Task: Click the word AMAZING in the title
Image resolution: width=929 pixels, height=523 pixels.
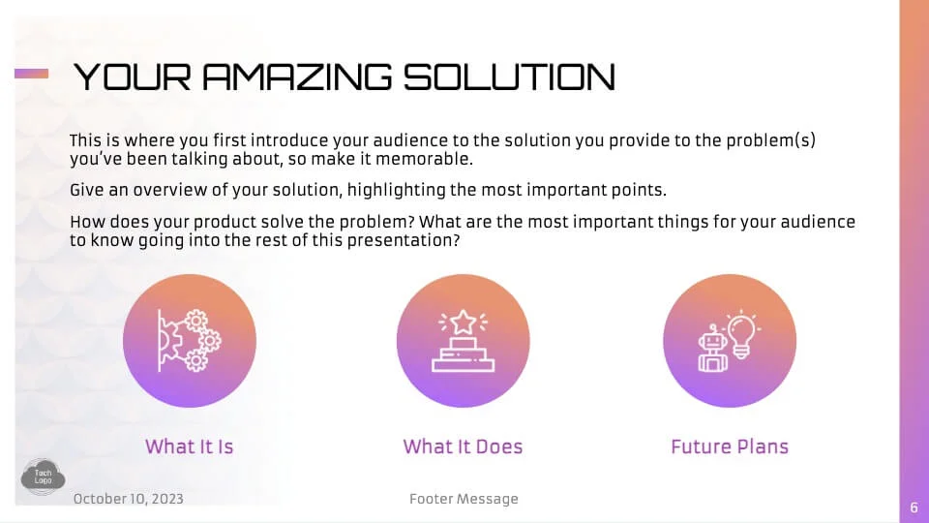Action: click(297, 77)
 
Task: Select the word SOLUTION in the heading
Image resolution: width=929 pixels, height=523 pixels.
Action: click(510, 77)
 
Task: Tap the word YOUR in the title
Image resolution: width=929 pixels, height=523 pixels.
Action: click(133, 77)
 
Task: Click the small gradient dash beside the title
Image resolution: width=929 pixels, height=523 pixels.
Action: click(31, 74)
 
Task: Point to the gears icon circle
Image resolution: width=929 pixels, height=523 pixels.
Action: click(190, 340)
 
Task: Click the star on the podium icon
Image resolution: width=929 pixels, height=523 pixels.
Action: click(463, 322)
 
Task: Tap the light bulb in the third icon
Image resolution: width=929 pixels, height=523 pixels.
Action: click(741, 335)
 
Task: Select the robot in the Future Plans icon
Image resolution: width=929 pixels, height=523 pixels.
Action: click(712, 350)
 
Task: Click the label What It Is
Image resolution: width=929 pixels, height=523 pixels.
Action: click(190, 446)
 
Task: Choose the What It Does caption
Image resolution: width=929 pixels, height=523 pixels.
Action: click(463, 446)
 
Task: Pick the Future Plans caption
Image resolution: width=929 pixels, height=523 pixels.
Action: click(730, 446)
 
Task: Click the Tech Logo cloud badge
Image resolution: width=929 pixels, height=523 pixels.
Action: click(44, 477)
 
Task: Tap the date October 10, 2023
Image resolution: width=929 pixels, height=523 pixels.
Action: click(129, 499)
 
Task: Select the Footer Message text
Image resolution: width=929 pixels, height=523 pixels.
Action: click(464, 499)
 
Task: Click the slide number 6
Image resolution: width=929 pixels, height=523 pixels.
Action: click(914, 508)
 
